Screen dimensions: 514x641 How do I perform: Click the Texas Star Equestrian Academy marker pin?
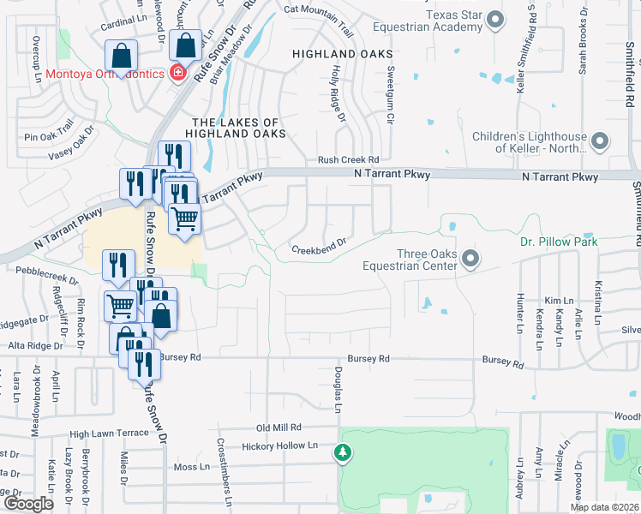pos(494,19)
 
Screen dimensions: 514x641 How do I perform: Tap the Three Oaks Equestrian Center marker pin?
pos(469,258)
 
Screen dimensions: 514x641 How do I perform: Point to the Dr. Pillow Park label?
pos(558,242)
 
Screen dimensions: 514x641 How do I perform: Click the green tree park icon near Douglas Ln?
pos(343,451)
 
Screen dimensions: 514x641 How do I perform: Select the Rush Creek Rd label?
pos(348,159)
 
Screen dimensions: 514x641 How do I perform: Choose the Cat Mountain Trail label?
pos(318,10)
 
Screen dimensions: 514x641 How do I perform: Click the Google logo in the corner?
pos(29,503)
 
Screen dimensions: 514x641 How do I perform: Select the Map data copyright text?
pos(603,507)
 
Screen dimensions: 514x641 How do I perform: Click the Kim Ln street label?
pos(558,301)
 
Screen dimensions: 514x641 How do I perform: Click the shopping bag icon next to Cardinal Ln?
pos(122,56)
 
